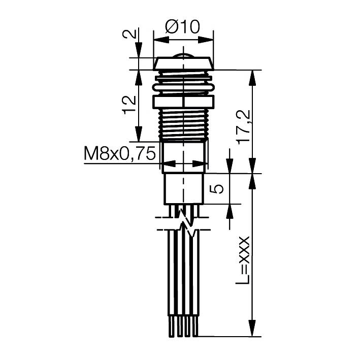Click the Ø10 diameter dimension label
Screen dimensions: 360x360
tap(183, 26)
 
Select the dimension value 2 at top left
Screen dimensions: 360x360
tap(130, 35)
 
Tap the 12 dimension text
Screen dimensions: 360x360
tap(129, 104)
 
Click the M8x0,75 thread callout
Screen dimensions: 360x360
tap(120, 154)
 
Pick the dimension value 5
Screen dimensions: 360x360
tap(217, 189)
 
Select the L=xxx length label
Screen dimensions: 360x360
tap(243, 259)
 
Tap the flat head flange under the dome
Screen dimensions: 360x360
tap(183, 63)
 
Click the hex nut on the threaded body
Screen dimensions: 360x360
tap(183, 102)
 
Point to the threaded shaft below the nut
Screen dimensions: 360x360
tap(183, 124)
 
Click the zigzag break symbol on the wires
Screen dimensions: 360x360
tap(188, 224)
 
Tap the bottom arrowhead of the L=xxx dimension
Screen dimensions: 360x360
tap(252, 330)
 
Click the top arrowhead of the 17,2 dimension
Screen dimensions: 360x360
tap(252, 75)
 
